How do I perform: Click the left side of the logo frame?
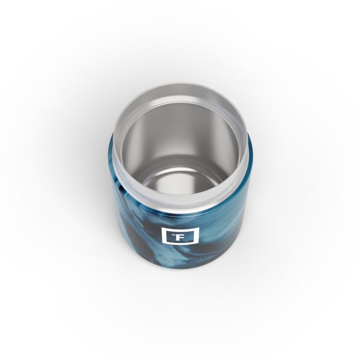click(162, 236)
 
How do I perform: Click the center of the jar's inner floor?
click(179, 174)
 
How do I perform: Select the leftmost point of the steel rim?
click(112, 147)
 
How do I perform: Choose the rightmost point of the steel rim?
click(248, 147)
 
